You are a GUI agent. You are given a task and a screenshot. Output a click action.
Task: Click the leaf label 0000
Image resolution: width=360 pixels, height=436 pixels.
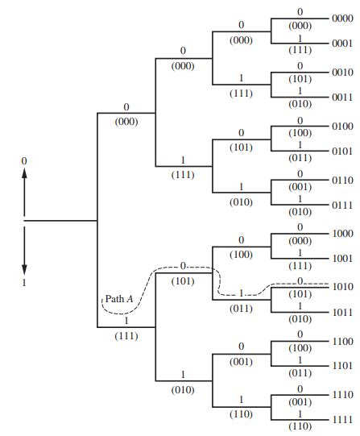(342, 16)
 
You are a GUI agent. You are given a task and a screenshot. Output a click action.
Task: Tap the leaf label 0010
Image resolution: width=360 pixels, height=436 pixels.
(342, 71)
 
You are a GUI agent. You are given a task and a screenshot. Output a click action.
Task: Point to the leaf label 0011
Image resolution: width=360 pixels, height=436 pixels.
(342, 98)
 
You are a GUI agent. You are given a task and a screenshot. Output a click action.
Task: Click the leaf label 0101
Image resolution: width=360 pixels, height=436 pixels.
(342, 152)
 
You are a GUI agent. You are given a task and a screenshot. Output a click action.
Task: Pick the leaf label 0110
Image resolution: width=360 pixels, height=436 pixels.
(342, 179)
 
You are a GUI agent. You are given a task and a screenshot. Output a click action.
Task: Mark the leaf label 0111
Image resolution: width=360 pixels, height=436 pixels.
(342, 206)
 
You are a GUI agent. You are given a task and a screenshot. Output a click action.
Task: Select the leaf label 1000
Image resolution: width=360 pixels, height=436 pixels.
(342, 233)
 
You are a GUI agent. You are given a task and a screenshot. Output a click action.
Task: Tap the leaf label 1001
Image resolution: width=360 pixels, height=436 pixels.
(342, 260)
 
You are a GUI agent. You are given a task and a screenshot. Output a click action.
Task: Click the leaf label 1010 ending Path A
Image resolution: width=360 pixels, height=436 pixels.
(342, 287)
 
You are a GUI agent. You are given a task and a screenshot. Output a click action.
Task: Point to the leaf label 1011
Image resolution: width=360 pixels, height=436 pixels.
(342, 312)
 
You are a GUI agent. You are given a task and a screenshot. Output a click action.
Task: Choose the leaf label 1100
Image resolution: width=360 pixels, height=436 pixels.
(342, 342)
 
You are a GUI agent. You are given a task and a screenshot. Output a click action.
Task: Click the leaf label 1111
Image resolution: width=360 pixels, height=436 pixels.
(342, 421)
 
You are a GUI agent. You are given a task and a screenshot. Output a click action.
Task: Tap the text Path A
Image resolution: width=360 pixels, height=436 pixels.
(119, 301)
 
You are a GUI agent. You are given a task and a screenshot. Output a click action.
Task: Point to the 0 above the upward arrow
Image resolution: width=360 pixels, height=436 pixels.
(24, 161)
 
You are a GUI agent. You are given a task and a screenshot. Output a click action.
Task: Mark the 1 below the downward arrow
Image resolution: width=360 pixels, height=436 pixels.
(24, 284)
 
